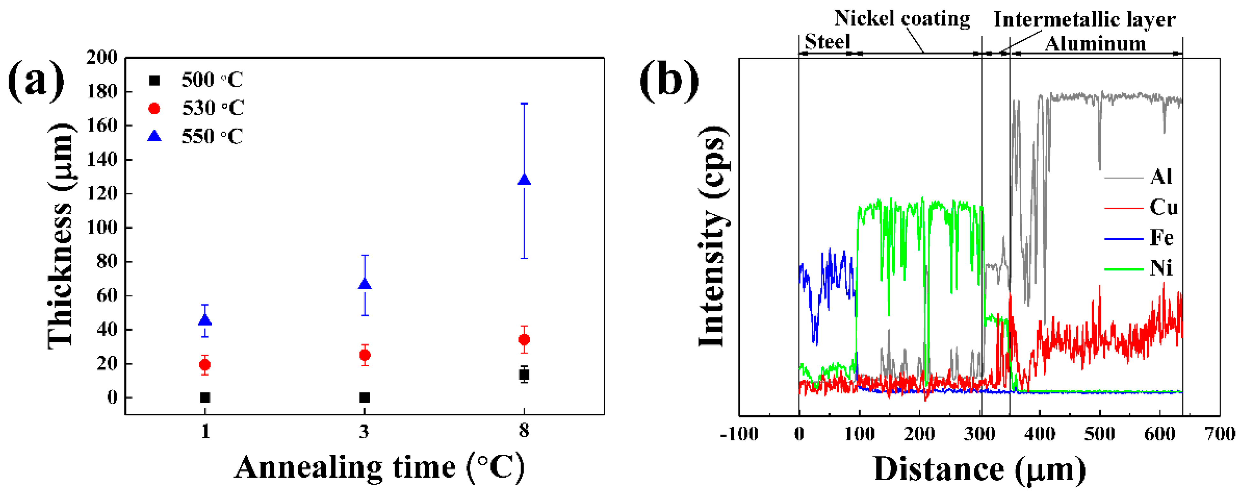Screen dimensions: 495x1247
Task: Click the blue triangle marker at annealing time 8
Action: pos(524,180)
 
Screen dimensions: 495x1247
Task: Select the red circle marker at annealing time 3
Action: pos(365,355)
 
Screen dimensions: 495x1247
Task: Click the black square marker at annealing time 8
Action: pos(524,374)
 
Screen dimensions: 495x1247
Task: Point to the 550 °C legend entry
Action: pos(196,137)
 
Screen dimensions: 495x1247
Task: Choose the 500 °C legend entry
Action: pos(196,80)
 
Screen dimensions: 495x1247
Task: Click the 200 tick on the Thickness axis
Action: pos(102,57)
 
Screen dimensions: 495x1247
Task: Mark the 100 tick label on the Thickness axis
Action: pos(102,227)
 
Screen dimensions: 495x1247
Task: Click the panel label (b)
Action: pos(669,80)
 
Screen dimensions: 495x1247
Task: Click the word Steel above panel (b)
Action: pos(827,42)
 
